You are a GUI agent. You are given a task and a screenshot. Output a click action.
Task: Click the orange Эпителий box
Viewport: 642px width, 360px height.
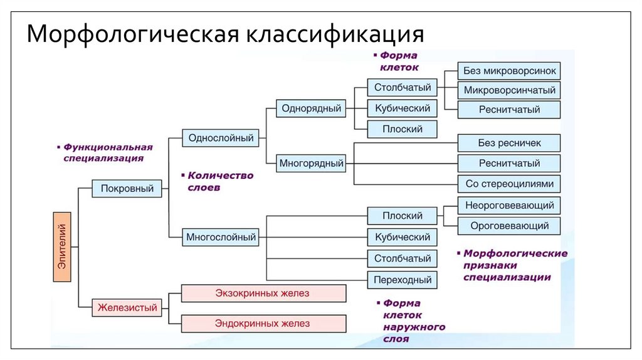coord(63,247)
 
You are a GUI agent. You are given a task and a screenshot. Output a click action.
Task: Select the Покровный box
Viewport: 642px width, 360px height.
coord(127,188)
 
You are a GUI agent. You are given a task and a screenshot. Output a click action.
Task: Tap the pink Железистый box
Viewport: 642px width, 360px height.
coord(127,307)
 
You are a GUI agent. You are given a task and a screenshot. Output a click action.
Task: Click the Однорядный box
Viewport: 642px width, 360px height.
coord(312,109)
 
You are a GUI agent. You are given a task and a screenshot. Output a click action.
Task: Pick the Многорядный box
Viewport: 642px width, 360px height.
coord(312,164)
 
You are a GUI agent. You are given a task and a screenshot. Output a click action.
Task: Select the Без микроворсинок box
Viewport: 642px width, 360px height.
coord(509,70)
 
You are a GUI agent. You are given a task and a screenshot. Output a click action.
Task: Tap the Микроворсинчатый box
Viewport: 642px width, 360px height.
coord(509,90)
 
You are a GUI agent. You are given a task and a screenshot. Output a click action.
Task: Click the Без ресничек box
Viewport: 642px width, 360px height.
coord(509,144)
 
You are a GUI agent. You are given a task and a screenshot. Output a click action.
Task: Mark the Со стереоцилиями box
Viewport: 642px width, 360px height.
coord(509,184)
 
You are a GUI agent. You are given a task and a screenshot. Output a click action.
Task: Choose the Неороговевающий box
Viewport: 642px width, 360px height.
coord(509,205)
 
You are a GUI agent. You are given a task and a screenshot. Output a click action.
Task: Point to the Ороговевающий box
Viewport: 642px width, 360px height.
coord(509,226)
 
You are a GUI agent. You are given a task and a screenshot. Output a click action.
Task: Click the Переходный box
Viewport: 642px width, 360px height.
coord(402,280)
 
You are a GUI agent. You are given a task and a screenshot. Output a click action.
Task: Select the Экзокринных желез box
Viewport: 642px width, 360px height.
coord(263,293)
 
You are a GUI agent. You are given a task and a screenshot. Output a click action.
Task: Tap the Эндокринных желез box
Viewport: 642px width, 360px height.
coord(263,324)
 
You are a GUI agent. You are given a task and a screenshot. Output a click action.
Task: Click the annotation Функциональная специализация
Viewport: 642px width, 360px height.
coord(107,152)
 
